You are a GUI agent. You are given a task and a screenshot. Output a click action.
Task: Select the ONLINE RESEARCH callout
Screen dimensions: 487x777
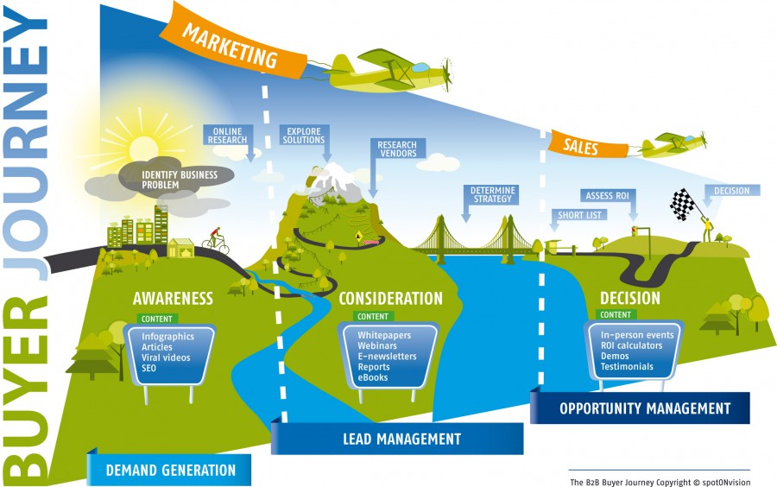click(228, 136)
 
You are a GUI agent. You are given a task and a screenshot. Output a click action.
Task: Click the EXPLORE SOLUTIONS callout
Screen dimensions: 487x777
click(304, 136)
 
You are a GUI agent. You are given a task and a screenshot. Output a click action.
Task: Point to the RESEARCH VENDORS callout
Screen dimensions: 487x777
click(397, 149)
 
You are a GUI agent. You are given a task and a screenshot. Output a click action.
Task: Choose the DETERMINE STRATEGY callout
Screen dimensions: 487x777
click(493, 193)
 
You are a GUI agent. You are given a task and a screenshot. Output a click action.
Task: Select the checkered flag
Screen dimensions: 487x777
click(683, 204)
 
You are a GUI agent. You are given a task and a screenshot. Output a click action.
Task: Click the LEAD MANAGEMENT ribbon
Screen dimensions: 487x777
click(397, 439)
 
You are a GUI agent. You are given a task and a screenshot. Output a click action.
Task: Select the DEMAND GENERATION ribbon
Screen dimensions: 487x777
click(170, 470)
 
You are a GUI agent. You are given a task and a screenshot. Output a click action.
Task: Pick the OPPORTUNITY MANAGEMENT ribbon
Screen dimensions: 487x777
click(644, 408)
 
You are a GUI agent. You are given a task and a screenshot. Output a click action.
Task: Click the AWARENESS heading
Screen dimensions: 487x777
click(173, 299)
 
